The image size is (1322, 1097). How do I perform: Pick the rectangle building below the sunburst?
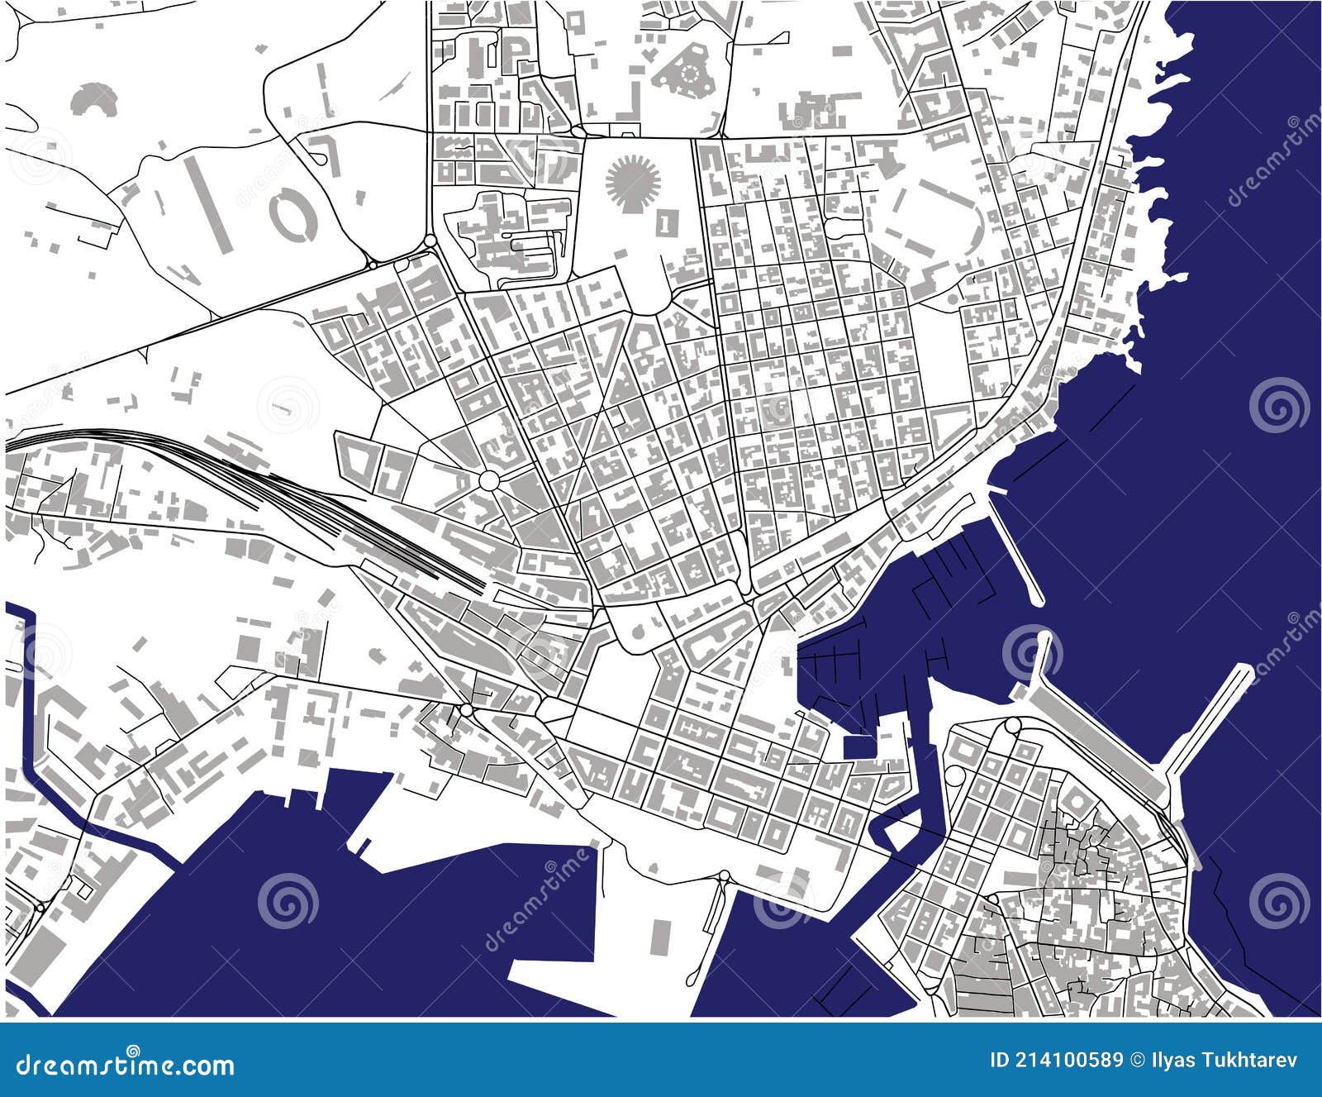[x=665, y=222]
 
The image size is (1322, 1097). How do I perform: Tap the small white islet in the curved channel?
[x=901, y=828]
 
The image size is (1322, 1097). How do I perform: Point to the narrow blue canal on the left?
[x=33, y=744]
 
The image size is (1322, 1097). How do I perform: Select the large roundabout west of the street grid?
[x=489, y=480]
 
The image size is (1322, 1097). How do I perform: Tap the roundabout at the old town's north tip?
[x=1013, y=726]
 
